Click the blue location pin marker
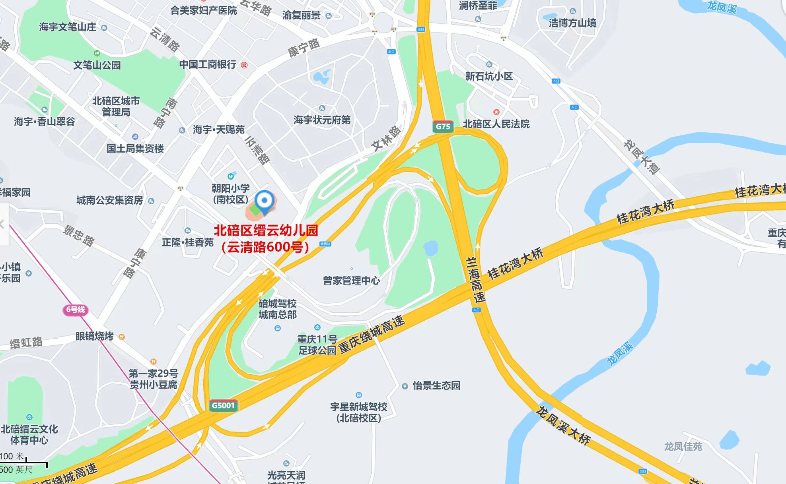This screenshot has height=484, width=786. point(264,201)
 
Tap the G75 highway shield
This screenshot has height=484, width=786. point(443,126)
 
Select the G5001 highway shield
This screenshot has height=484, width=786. point(223,405)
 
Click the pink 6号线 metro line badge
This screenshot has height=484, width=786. point(75,310)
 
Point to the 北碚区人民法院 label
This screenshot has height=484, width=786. point(496,124)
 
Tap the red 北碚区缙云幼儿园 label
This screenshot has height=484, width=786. point(266,230)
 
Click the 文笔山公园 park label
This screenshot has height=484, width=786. point(97,65)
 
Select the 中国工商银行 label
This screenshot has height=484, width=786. point(208,64)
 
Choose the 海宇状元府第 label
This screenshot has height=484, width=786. point(322,120)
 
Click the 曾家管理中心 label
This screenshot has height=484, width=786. point(351,281)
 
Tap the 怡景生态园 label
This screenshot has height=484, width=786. point(436,385)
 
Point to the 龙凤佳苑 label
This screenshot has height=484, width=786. point(683,447)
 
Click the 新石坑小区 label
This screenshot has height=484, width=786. point(489,76)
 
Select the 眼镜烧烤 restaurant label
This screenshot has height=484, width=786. point(95,336)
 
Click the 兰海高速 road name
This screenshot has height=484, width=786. point(475,280)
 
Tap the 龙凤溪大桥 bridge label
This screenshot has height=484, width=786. point(563,425)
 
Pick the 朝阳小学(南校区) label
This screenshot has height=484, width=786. point(230,194)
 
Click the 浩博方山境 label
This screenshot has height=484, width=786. point(572,23)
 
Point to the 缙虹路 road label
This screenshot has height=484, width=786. point(26,343)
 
